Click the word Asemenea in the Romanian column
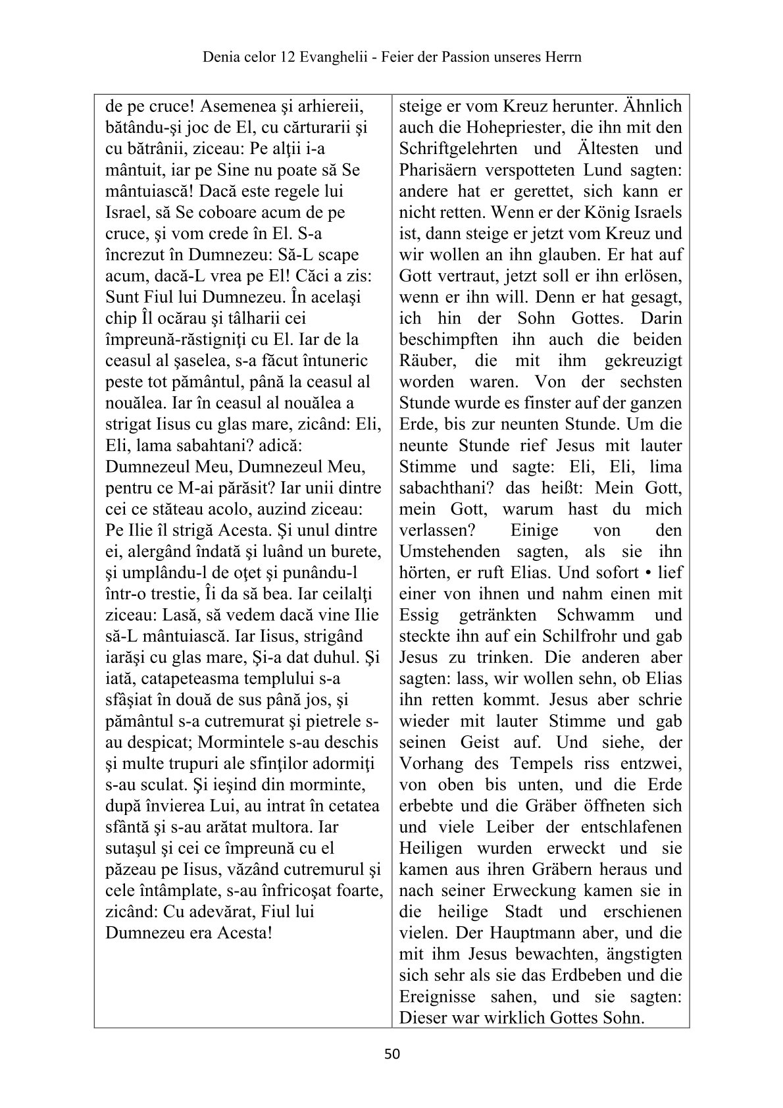[x=238, y=107]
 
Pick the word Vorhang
[x=430, y=764]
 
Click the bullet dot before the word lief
[x=649, y=573]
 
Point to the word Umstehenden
[x=449, y=552]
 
